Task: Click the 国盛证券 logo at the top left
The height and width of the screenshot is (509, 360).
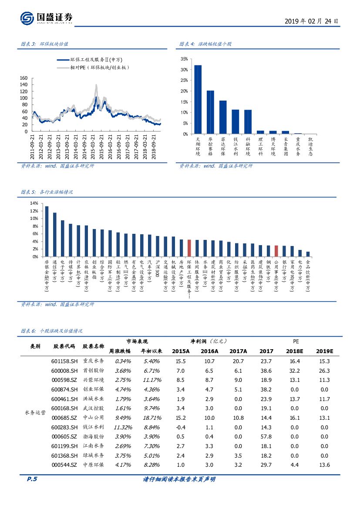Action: (46, 18)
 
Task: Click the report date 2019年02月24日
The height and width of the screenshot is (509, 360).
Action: (311, 21)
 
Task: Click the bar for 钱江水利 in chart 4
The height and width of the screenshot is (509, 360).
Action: (236, 121)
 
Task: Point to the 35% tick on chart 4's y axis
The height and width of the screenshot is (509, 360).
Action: (184, 59)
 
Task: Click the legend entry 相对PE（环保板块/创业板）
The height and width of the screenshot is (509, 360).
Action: (100, 67)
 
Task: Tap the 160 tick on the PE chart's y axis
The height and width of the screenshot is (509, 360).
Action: (24, 78)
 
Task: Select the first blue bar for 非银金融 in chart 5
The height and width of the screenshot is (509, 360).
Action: (47, 231)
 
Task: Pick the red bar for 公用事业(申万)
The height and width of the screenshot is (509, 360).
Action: (276, 251)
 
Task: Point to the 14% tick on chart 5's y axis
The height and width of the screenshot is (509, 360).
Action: (34, 203)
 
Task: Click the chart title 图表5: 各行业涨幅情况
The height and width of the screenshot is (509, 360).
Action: (47, 192)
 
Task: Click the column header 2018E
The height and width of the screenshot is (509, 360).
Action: (295, 351)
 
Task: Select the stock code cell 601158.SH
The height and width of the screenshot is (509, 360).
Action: (64, 361)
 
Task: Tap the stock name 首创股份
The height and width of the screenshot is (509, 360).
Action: (94, 371)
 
